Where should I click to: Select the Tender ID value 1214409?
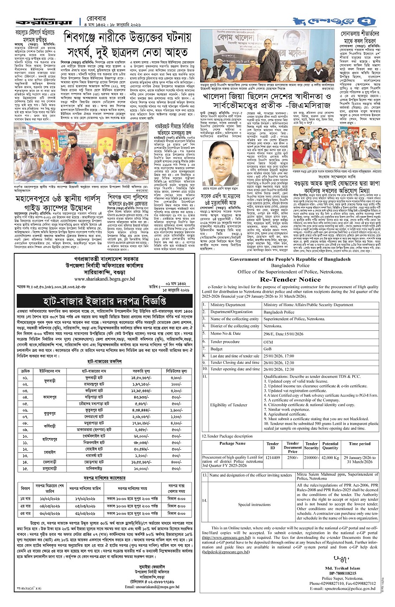[273, 458]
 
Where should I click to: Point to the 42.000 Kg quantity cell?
[330, 458]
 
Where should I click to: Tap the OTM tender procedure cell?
[268, 342]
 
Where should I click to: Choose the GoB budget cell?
[268, 349]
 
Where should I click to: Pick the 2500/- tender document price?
[293, 458]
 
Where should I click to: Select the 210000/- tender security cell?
[311, 458]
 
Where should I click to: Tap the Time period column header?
[359, 444]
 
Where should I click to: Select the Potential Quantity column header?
[330, 446]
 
